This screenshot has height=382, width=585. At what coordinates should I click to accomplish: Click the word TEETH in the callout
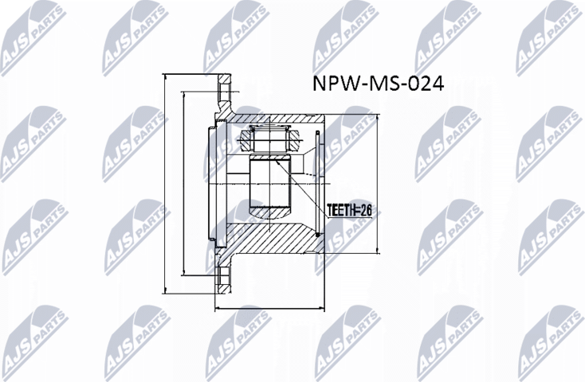[340, 210]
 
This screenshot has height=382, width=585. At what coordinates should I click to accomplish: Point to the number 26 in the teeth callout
[366, 210]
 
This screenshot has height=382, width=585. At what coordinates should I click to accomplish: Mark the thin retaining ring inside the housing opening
[319, 183]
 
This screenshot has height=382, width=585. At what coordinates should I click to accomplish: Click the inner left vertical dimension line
[184, 183]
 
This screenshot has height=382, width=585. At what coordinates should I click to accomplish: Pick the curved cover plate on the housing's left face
[212, 183]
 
